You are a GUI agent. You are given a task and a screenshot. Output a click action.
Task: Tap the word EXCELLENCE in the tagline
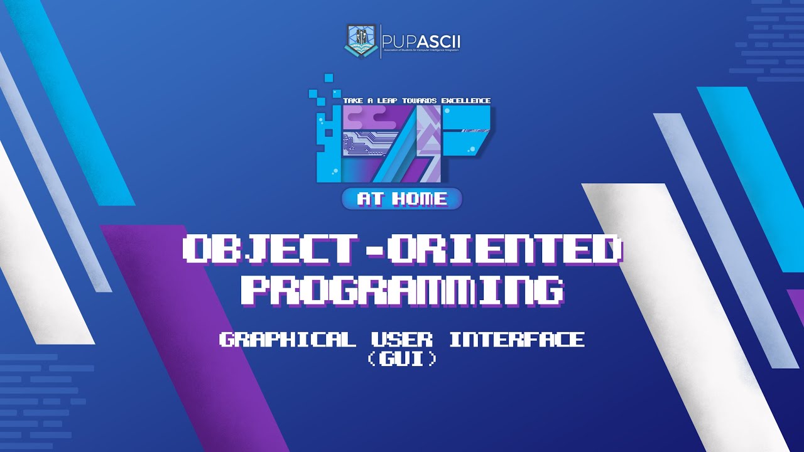coord(465,100)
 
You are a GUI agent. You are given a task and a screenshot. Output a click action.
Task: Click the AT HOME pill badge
coord(402,199)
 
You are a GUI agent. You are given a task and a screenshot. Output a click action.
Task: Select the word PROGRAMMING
coord(402,290)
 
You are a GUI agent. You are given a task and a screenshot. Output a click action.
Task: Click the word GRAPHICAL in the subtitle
coord(287,340)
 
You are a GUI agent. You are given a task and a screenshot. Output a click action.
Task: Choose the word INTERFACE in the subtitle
coord(516,340)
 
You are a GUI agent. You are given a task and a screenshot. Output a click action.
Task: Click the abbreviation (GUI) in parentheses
coord(402,360)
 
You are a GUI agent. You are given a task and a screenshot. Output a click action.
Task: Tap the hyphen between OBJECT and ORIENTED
coord(375,250)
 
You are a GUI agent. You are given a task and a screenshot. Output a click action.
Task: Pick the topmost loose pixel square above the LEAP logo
coord(327,78)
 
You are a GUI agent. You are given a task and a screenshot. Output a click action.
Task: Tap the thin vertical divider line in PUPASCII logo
coord(380,41)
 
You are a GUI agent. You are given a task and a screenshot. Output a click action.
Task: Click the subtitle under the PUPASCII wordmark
coord(421,50)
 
